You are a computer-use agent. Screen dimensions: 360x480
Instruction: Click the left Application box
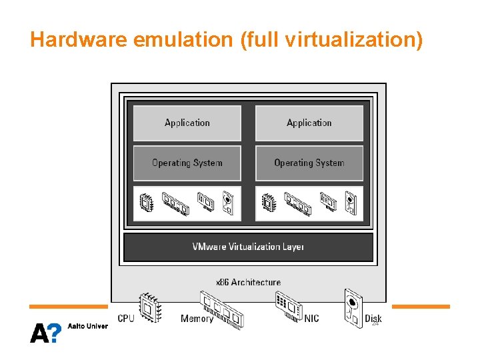(187, 123)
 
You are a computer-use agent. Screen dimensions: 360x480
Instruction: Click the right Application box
(309, 123)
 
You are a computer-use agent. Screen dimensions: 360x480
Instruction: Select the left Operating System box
(187, 163)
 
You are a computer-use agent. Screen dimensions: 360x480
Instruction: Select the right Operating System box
(309, 163)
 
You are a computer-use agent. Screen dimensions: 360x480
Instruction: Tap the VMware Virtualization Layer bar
(248, 247)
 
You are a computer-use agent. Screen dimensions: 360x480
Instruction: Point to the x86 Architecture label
(248, 283)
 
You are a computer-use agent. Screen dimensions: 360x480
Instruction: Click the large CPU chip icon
(149, 308)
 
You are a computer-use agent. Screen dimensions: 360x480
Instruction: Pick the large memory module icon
(222, 310)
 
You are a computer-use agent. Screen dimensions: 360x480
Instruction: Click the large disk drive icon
(353, 308)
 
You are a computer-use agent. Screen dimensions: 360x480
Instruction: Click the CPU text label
(126, 319)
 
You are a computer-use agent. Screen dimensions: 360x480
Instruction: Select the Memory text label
(197, 319)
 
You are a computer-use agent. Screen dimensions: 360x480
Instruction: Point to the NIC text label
(311, 319)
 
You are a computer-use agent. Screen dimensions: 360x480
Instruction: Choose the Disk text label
(373, 319)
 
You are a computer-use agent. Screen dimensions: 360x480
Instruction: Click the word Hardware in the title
(79, 40)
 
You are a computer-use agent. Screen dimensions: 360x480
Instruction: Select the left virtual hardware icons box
(187, 203)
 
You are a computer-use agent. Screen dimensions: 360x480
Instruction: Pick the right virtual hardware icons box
(309, 203)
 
